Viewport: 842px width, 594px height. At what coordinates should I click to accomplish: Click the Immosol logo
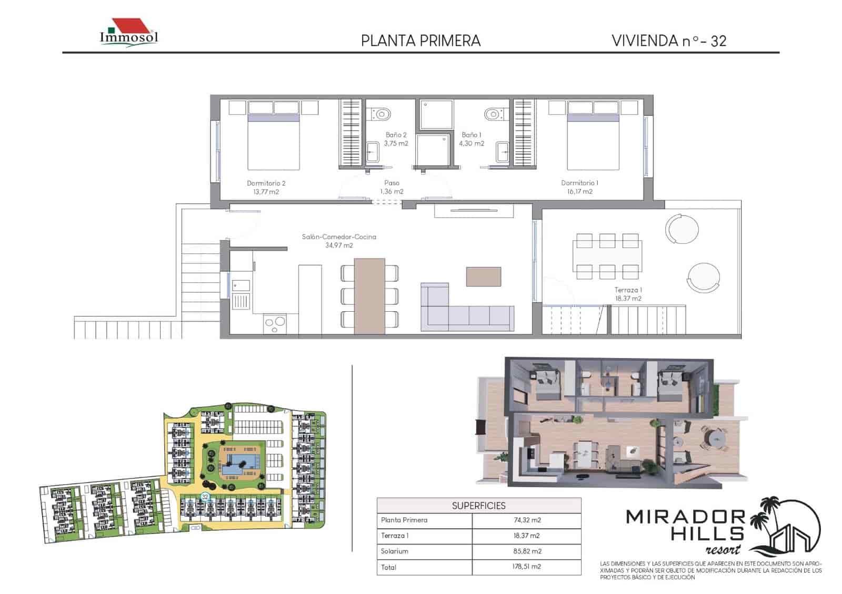[x=129, y=34]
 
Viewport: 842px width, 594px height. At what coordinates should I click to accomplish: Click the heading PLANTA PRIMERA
[x=420, y=41]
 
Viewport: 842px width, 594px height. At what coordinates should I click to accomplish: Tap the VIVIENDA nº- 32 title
[x=669, y=41]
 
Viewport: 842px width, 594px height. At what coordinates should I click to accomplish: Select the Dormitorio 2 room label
[x=266, y=187]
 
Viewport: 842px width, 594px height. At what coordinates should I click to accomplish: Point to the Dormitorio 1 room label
[x=579, y=187]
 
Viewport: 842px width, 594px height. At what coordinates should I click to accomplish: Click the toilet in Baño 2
[x=380, y=113]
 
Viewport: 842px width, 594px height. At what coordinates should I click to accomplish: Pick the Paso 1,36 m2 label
[x=392, y=187]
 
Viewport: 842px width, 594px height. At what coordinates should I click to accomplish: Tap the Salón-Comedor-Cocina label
[x=339, y=241]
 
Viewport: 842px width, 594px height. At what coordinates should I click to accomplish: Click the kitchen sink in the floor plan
[x=242, y=285]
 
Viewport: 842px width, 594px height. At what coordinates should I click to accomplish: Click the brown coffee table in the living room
[x=483, y=276]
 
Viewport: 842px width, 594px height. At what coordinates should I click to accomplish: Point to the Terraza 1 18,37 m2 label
[x=628, y=294]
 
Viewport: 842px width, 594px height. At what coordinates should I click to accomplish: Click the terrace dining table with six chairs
[x=607, y=257]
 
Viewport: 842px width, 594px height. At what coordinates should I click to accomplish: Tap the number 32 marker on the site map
[x=205, y=496]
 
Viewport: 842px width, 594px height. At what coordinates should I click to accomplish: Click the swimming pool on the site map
[x=241, y=463]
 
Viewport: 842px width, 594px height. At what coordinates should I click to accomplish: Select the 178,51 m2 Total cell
[x=526, y=567]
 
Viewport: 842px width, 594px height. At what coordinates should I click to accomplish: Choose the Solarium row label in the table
[x=395, y=551]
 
